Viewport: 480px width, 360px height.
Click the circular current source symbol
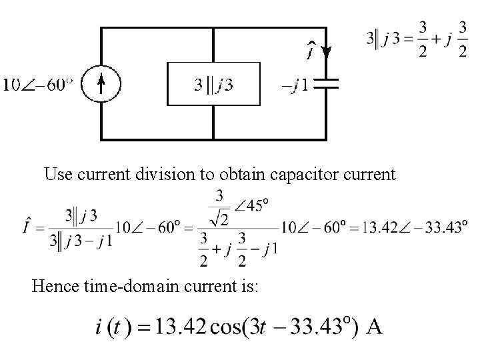click(100, 83)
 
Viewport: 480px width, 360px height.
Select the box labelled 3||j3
click(213, 84)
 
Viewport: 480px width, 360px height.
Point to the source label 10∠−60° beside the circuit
click(37, 85)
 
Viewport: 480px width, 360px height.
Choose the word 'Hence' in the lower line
click(53, 287)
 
